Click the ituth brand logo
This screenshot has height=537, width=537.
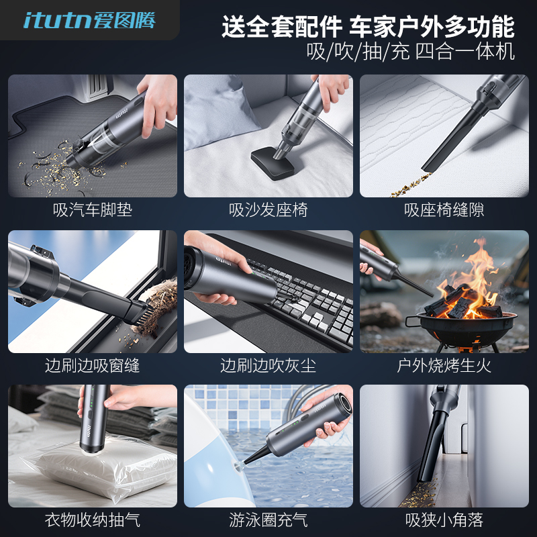pyautogui.click(x=89, y=20)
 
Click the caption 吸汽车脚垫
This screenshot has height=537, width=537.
pyautogui.click(x=93, y=210)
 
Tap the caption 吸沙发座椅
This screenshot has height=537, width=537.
pyautogui.click(x=268, y=210)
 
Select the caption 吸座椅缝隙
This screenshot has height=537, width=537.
pyautogui.click(x=444, y=210)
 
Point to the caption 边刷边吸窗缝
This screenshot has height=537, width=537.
pyautogui.click(x=93, y=366)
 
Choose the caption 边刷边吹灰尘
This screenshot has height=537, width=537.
pyautogui.click(x=268, y=366)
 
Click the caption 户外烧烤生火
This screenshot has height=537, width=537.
pyautogui.click(x=444, y=366)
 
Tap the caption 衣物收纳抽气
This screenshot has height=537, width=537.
pyautogui.click(x=93, y=520)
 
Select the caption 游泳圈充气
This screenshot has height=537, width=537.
pyautogui.click(x=268, y=520)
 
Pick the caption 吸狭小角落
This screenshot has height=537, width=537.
pyautogui.click(x=444, y=520)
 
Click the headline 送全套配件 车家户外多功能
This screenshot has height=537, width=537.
pyautogui.click(x=369, y=28)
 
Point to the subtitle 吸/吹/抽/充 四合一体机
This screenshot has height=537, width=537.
pyautogui.click(x=410, y=52)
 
